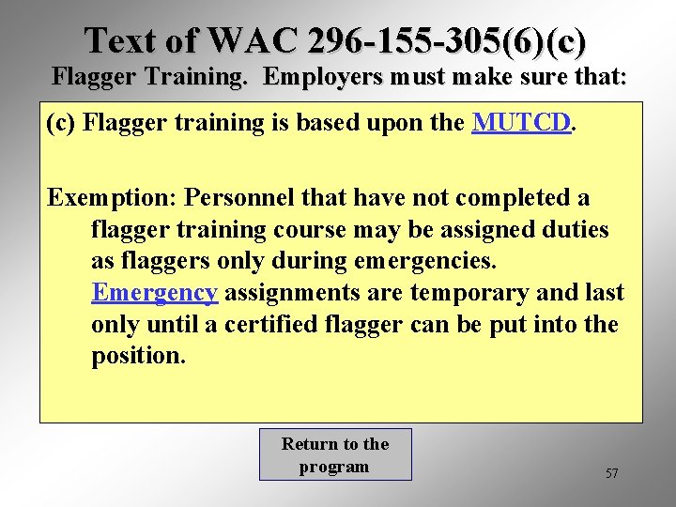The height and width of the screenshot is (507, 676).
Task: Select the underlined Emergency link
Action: click(154, 293)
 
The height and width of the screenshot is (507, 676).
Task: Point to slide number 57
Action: click(611, 473)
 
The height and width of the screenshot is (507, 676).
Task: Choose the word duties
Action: click(574, 230)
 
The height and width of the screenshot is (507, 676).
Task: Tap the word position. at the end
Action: click(138, 357)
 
